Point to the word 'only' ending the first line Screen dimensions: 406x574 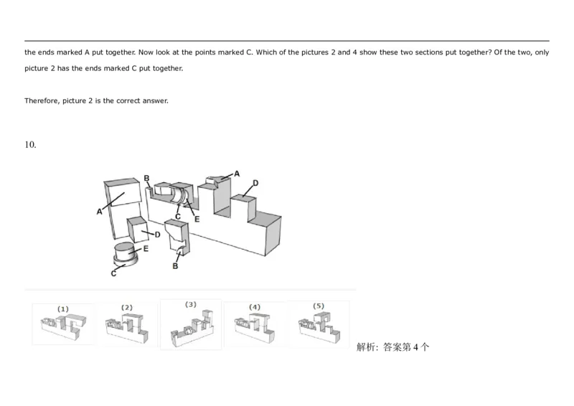click(542, 52)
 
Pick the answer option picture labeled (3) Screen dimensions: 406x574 click(190, 327)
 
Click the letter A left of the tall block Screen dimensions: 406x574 click(100, 212)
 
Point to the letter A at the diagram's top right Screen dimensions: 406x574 click(237, 174)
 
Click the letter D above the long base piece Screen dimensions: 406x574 click(255, 184)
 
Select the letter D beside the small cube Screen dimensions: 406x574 click(156, 235)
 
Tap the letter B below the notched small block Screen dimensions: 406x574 click(175, 266)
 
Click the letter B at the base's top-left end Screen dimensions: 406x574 click(146, 178)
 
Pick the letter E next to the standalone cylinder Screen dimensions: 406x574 click(146, 249)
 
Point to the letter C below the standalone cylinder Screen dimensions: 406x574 click(113, 273)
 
